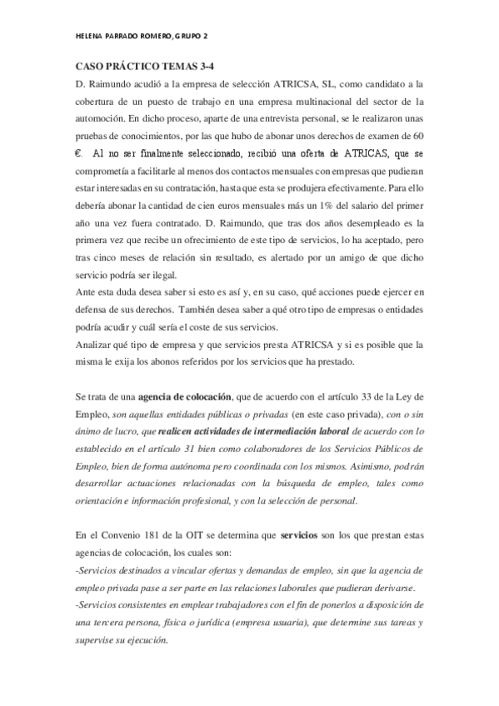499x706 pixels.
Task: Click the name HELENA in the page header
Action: point(89,38)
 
